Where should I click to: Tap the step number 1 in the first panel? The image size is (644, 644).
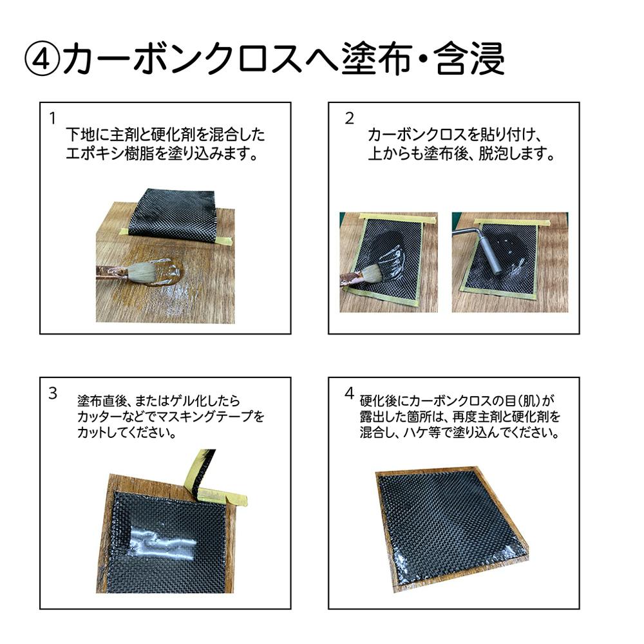point(52,118)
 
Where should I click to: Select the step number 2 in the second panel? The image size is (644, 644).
point(349,118)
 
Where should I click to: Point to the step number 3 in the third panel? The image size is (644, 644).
point(53,393)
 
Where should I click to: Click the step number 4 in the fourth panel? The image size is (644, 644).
point(349,393)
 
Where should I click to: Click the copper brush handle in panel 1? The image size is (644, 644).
point(110,272)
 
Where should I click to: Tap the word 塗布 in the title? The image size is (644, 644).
point(377,60)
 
